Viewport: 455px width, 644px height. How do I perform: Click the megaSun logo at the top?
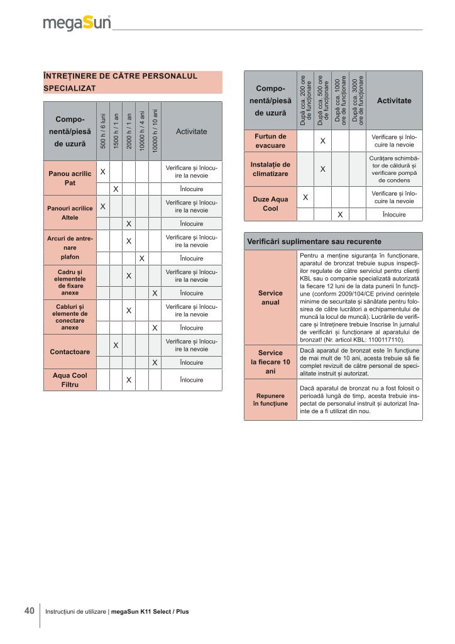(x=77, y=23)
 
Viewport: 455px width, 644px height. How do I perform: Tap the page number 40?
(x=29, y=611)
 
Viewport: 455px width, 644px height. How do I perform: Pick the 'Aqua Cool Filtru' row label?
(x=70, y=380)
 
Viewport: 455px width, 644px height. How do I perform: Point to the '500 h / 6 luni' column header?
(x=102, y=131)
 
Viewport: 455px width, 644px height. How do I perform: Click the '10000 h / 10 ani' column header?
(x=154, y=131)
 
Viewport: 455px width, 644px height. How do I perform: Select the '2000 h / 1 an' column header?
(x=128, y=131)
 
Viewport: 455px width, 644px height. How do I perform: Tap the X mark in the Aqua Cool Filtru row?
(x=128, y=380)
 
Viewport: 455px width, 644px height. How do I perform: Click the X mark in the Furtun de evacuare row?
(x=322, y=141)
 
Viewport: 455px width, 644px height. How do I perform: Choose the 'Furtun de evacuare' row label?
(x=270, y=141)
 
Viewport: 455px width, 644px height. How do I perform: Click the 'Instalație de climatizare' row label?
(x=270, y=169)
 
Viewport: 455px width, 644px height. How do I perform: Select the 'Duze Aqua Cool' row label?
(x=270, y=204)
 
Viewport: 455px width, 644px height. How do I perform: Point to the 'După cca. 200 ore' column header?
(x=305, y=100)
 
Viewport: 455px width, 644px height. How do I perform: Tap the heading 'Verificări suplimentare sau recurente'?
(x=314, y=241)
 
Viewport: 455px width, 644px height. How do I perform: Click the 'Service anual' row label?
(x=270, y=297)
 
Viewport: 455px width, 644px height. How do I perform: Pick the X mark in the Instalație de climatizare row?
(x=322, y=169)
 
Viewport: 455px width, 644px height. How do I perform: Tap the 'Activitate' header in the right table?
(x=394, y=101)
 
